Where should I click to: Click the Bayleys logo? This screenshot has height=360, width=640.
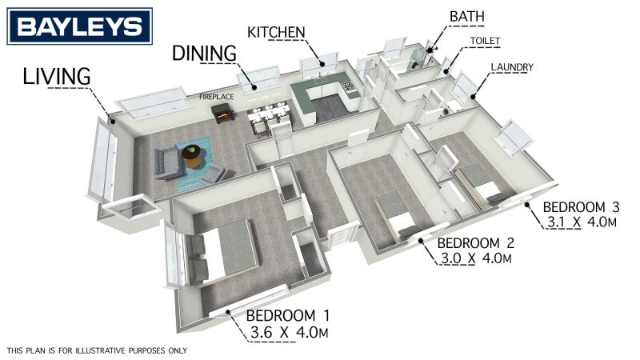coord(79,26)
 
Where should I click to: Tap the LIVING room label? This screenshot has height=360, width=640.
coord(56,77)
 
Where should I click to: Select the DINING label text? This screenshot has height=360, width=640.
coord(204,54)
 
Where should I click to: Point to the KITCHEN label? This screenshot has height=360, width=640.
coord(276,32)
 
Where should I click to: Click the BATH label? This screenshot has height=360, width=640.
coord(467,17)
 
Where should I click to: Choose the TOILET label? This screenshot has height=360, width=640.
coord(485,41)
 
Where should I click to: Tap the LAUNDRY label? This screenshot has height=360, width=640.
coord(512,67)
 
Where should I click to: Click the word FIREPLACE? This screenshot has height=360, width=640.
coord(216,97)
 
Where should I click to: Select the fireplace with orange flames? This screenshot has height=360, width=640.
coord(223,113)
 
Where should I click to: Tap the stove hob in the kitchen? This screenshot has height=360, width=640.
coord(349,86)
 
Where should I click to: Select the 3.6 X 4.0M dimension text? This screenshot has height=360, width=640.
coord(289,332)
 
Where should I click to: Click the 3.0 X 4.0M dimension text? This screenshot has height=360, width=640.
coord(476,258)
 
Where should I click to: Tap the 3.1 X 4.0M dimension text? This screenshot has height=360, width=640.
coord(582,222)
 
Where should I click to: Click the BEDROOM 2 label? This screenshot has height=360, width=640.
coord(475,243)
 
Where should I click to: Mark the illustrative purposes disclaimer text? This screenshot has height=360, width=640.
coord(97,350)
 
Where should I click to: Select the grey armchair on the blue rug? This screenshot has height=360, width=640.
coord(214,174)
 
